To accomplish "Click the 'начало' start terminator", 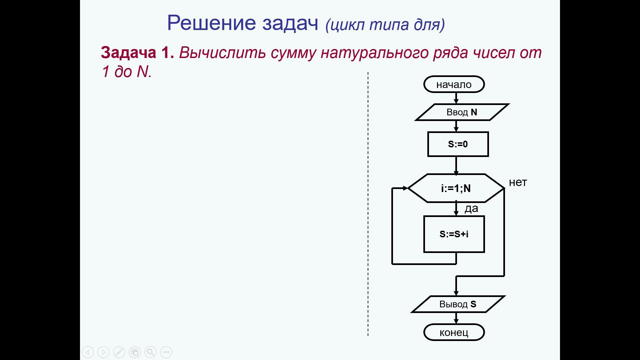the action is point(454,84).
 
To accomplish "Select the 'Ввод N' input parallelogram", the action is point(462,112).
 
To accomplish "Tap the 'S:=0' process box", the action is point(458,144).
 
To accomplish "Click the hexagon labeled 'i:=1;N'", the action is point(456,188).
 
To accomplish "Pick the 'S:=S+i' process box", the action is point(454,234).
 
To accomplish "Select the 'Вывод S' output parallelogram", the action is point(458,304).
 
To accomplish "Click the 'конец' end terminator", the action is point(454,332).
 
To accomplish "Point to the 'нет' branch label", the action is point(518,182).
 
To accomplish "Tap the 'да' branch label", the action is point(471,208).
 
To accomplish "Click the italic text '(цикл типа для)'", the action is point(385,24).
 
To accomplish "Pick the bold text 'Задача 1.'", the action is point(137,53).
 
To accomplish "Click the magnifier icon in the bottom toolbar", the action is point(150,352).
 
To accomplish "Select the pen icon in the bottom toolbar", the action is point(119,352).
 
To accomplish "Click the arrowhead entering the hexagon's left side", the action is point(406,188).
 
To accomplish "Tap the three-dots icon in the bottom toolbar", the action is point(166,352).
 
